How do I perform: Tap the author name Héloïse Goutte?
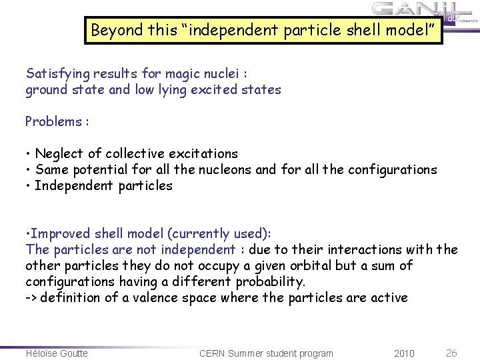(x=57, y=353)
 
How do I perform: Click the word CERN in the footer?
(x=215, y=353)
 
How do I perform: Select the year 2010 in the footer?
(x=404, y=353)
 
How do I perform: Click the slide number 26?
(x=451, y=352)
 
